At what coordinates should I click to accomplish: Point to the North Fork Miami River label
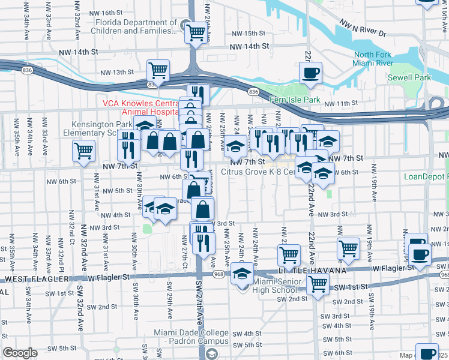pos(373,59)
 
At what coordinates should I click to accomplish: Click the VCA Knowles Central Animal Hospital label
pos(141,107)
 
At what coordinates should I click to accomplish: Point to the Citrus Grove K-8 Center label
pos(258,172)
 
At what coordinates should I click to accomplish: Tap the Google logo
pos(20,353)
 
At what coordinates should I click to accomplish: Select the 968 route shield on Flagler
pos(217,274)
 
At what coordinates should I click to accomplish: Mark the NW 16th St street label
pos(103,13)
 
